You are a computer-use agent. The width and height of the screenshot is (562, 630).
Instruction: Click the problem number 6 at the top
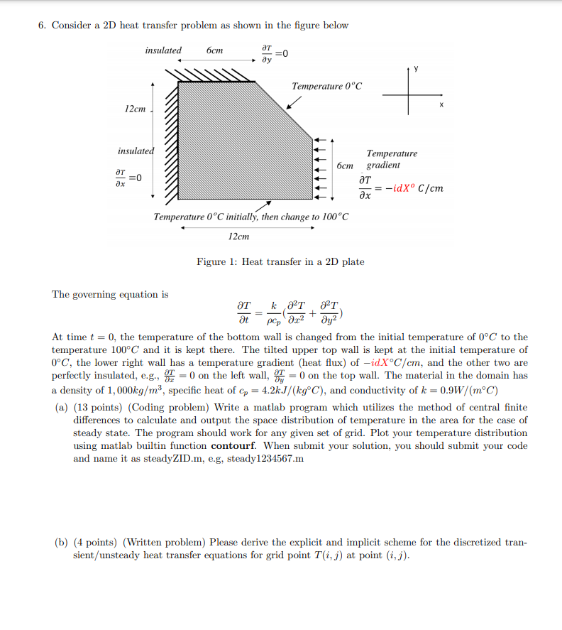[42, 26]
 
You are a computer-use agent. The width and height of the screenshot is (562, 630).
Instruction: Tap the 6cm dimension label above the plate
[214, 50]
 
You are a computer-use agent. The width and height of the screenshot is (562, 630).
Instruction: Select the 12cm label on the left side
[135, 109]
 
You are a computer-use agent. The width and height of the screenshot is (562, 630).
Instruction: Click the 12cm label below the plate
[238, 236]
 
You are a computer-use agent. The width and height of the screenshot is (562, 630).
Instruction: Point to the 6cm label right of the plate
[346, 165]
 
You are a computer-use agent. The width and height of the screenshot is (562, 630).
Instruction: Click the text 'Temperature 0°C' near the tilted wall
[326, 86]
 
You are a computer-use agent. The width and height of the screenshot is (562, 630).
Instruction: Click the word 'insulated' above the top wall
[163, 50]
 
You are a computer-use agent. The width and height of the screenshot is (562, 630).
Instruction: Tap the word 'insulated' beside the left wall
[136, 151]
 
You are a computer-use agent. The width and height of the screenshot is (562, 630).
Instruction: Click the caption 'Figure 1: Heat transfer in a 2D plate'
[280, 262]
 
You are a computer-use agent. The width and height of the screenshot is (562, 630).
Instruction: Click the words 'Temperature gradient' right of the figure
[391, 159]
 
